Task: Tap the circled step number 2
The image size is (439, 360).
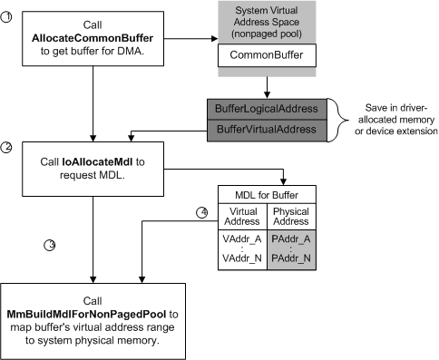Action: (x=6, y=151)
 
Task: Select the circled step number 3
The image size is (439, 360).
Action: (x=51, y=245)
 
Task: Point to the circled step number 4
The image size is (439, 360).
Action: (x=203, y=213)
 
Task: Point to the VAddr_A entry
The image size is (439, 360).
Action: (x=243, y=238)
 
